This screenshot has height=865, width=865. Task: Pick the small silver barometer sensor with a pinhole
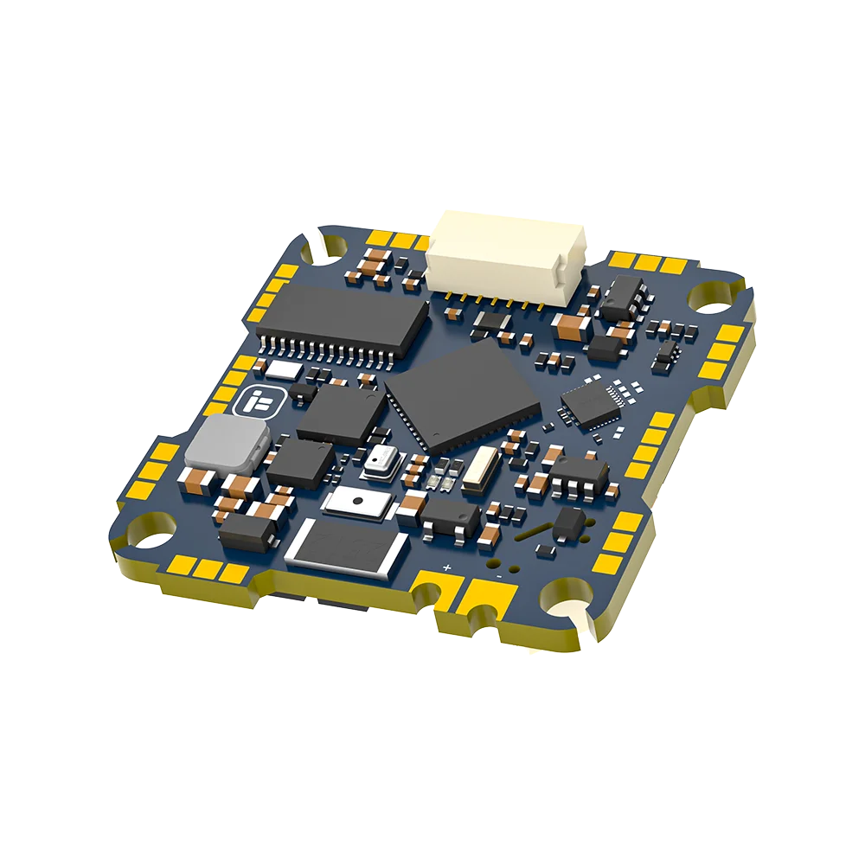(x=378, y=464)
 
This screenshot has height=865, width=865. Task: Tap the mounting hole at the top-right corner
(x=714, y=298)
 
